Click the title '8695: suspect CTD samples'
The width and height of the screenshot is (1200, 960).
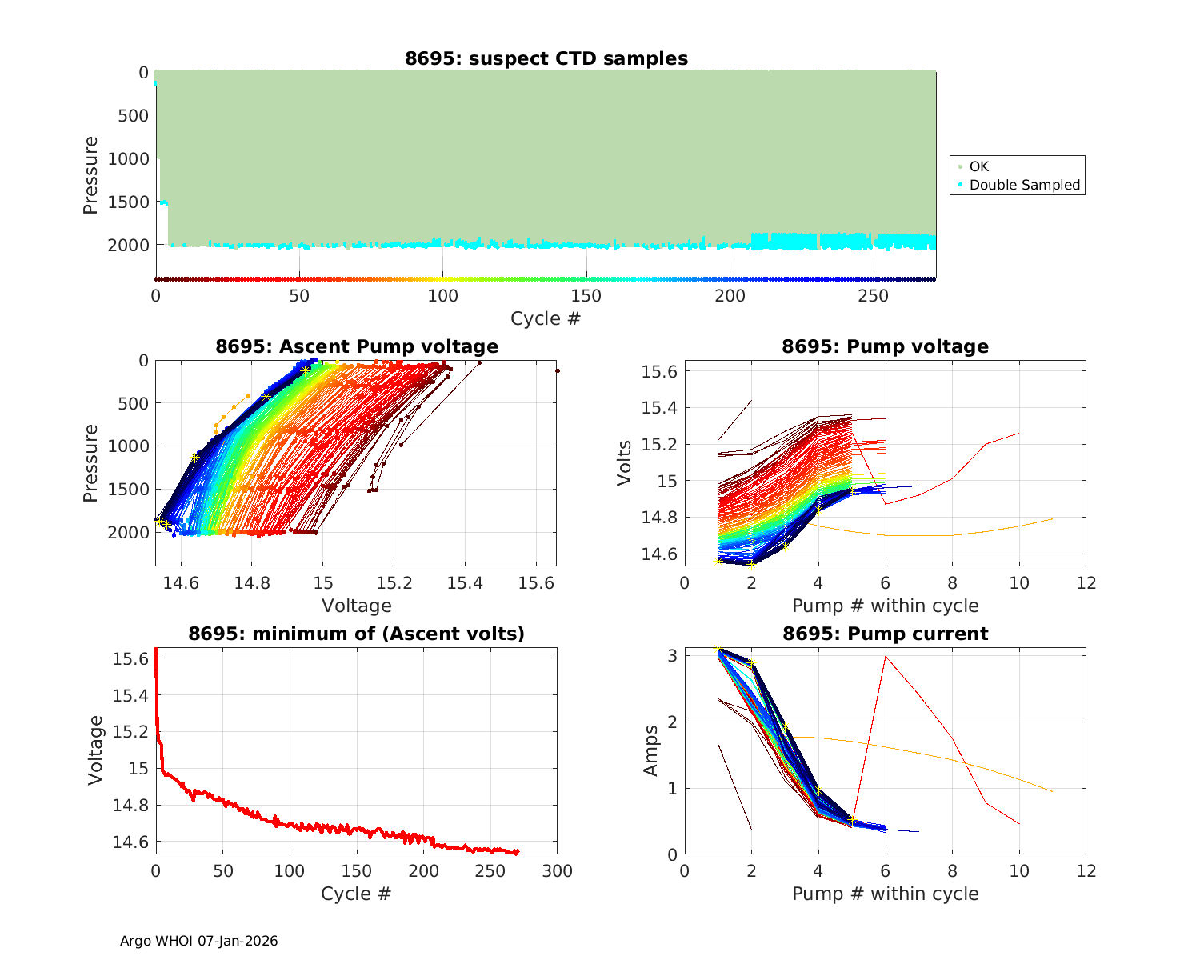pos(546,58)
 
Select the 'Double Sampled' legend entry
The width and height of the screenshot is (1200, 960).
pos(1024,185)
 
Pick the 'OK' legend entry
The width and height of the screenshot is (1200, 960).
pos(978,166)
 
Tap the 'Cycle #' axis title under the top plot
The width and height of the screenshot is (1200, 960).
pos(546,318)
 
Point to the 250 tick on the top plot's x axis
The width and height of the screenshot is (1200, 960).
pos(873,295)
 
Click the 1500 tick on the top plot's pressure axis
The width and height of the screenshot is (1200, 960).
pos(128,202)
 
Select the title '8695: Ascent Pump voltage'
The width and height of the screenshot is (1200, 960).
pos(357,346)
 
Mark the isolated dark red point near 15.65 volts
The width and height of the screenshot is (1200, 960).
pos(557,370)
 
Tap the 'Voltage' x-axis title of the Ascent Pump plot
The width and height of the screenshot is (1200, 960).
pos(357,606)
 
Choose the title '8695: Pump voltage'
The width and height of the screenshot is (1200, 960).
pos(885,346)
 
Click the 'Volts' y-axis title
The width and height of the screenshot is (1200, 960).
pos(624,462)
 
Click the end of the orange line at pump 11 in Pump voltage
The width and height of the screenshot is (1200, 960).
pos(1052,519)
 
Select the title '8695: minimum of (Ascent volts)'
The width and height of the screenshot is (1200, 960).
pos(357,634)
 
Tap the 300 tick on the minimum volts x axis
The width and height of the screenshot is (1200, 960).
pos(557,870)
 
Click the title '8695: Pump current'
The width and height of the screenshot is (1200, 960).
pos(885,634)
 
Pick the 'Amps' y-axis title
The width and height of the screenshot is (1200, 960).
pos(651,750)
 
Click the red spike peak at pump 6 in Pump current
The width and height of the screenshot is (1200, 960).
pos(885,656)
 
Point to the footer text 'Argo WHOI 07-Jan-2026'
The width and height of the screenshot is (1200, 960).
pos(199,941)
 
